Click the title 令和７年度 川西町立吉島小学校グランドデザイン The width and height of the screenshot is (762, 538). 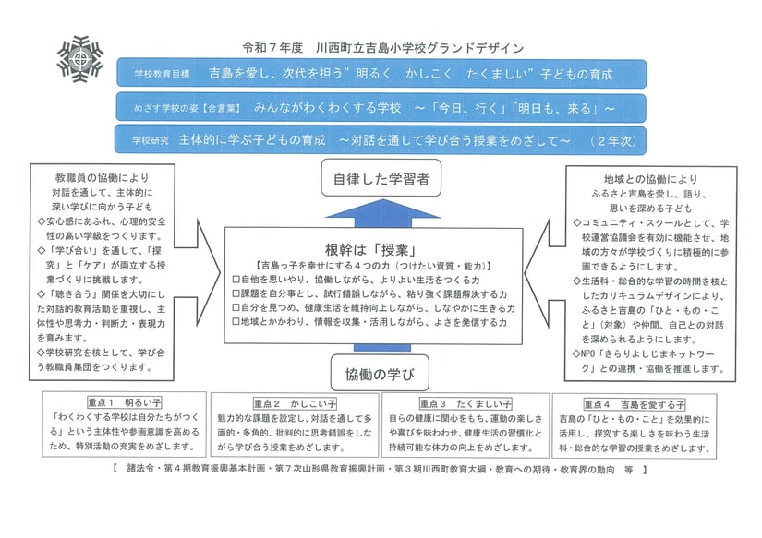point(382,47)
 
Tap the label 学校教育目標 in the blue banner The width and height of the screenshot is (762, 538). point(161,73)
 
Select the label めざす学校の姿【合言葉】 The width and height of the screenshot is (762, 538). point(181,108)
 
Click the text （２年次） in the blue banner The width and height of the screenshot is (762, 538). point(614,140)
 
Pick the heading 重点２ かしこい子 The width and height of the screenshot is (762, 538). point(295,404)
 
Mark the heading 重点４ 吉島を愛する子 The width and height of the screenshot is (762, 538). point(634,404)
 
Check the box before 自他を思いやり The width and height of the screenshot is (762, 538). point(235,279)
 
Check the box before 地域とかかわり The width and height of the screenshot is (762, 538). point(235,323)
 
